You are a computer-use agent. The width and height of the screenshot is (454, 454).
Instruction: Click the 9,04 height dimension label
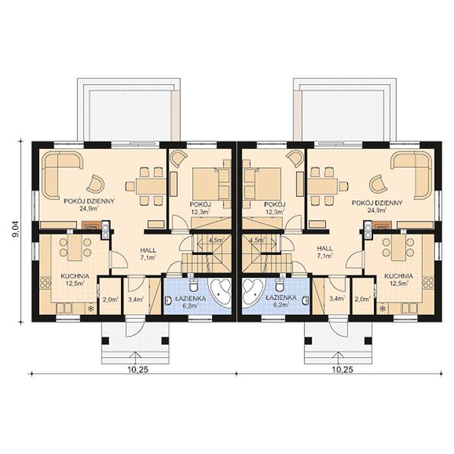tap(15, 229)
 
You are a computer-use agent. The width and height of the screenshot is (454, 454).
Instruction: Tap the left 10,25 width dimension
tap(138, 370)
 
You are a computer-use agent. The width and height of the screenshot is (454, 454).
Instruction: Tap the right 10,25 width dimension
tap(343, 370)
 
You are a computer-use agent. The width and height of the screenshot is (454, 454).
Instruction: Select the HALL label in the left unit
tap(148, 250)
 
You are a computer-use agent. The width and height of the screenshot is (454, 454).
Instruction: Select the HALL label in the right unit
tap(325, 248)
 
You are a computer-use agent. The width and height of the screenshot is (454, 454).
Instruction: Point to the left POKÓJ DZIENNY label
tap(89, 201)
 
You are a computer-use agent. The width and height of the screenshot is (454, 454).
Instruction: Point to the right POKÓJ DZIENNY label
tap(377, 203)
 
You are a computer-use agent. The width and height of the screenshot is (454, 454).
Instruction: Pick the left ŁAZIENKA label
tap(190, 299)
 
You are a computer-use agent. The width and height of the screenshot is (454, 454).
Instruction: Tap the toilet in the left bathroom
tap(193, 285)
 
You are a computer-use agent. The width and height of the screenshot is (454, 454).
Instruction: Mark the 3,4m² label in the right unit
tap(337, 297)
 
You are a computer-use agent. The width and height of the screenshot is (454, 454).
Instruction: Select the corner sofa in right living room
tap(412, 176)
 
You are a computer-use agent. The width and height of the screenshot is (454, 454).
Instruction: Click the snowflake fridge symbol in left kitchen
tap(91, 309)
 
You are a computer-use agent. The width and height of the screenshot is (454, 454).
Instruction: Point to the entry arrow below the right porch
tap(338, 358)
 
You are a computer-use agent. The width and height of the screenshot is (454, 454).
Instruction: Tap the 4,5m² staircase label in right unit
tap(257, 240)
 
